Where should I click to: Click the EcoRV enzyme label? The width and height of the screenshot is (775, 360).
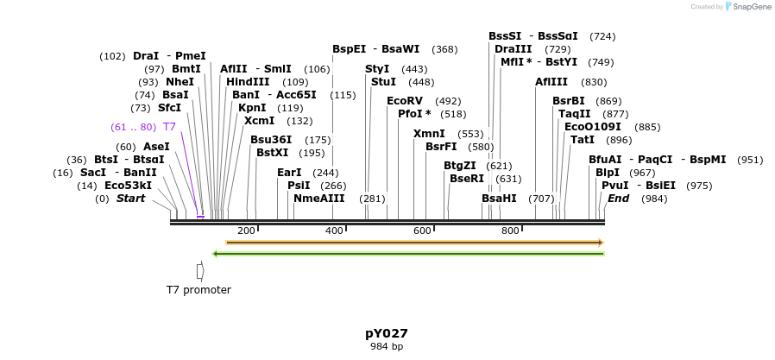[x=405, y=101]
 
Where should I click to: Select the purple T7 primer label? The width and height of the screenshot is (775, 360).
[x=169, y=127]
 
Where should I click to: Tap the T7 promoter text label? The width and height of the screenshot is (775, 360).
[x=198, y=290]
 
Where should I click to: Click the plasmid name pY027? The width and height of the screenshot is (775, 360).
[x=386, y=333]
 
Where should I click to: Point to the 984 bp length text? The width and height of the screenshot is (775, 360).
[x=386, y=346]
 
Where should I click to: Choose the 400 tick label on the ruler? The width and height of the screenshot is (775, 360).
[x=334, y=231]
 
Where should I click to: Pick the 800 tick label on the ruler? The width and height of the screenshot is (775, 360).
[x=510, y=231]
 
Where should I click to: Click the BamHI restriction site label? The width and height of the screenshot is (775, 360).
[x=499, y=199]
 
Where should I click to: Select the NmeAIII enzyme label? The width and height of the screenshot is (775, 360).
[x=318, y=199]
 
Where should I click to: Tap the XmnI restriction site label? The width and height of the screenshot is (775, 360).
[x=429, y=134]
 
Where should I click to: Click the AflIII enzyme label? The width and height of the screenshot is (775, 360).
[x=551, y=82]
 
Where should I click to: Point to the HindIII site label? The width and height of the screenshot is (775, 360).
[x=249, y=82]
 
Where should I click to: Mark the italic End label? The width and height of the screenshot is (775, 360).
[x=618, y=199]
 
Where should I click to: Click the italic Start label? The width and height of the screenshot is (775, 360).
[x=130, y=199]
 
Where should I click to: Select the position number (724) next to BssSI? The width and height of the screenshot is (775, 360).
[x=602, y=36]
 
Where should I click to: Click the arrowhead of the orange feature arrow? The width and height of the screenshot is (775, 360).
[x=600, y=243]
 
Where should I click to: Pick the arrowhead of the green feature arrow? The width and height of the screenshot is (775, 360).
[x=215, y=254]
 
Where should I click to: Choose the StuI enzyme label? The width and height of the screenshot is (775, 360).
[x=383, y=82]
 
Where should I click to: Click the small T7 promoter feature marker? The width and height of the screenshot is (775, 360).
[x=200, y=271]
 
